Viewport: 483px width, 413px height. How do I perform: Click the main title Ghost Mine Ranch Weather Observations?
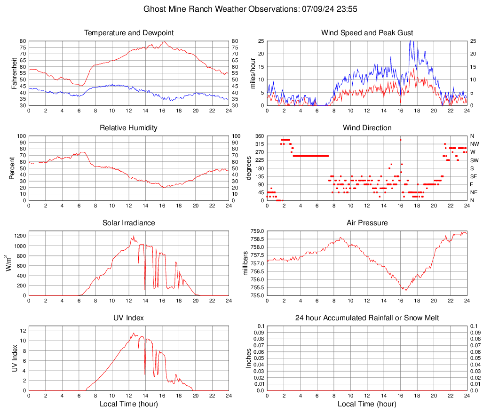[253, 9]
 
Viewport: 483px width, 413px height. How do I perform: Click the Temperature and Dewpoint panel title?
[129, 33]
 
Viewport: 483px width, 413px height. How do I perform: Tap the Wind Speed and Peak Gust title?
[367, 33]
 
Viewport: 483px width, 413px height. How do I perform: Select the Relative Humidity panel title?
[129, 128]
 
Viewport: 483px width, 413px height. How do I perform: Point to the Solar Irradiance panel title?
[129, 222]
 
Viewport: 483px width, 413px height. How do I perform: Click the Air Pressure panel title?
[367, 222]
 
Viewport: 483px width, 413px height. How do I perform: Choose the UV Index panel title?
[129, 318]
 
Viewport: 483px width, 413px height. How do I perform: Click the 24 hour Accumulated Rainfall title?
[367, 318]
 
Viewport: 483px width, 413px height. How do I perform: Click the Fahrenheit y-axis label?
[14, 73]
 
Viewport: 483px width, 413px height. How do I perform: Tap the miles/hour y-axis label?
[253, 73]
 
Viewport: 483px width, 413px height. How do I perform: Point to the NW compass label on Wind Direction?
[475, 144]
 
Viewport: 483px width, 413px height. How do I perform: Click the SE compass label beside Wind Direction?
[474, 176]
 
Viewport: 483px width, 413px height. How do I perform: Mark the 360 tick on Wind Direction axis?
[258, 136]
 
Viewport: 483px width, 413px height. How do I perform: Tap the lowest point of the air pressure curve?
[405, 290]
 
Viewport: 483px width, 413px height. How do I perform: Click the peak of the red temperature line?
[164, 42]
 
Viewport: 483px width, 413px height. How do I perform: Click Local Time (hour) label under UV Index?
[129, 404]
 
